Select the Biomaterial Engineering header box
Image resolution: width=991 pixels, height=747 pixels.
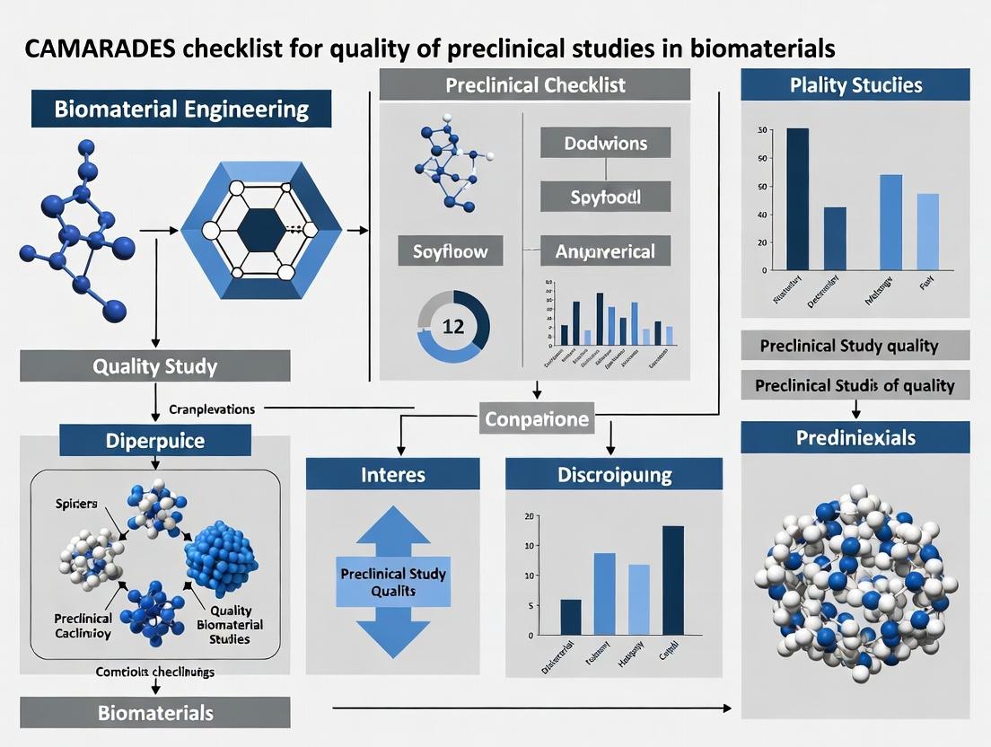pyautogui.click(x=181, y=110)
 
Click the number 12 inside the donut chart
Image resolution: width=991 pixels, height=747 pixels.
pyautogui.click(x=453, y=326)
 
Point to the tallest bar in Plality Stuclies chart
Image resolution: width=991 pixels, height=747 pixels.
pyautogui.click(x=797, y=198)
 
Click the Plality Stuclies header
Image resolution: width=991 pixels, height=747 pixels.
pyautogui.click(x=855, y=86)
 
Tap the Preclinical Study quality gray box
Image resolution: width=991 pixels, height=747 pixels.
pyautogui.click(x=855, y=346)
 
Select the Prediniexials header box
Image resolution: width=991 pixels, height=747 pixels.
pyautogui.click(x=855, y=438)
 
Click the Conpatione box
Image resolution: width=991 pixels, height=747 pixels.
pyautogui.click(x=537, y=417)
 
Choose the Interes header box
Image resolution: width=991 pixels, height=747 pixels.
pyautogui.click(x=392, y=474)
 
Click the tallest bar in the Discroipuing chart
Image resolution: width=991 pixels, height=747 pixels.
pyautogui.click(x=673, y=580)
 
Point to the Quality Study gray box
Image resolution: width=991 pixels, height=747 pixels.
pyautogui.click(x=155, y=366)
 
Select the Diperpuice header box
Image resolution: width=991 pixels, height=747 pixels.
pyautogui.click(x=155, y=441)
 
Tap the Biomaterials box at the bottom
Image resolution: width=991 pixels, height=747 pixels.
pyautogui.click(x=155, y=713)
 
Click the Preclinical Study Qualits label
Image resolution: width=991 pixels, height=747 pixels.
pyautogui.click(x=393, y=582)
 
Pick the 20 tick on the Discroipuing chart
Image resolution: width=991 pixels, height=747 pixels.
pyautogui.click(x=529, y=516)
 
